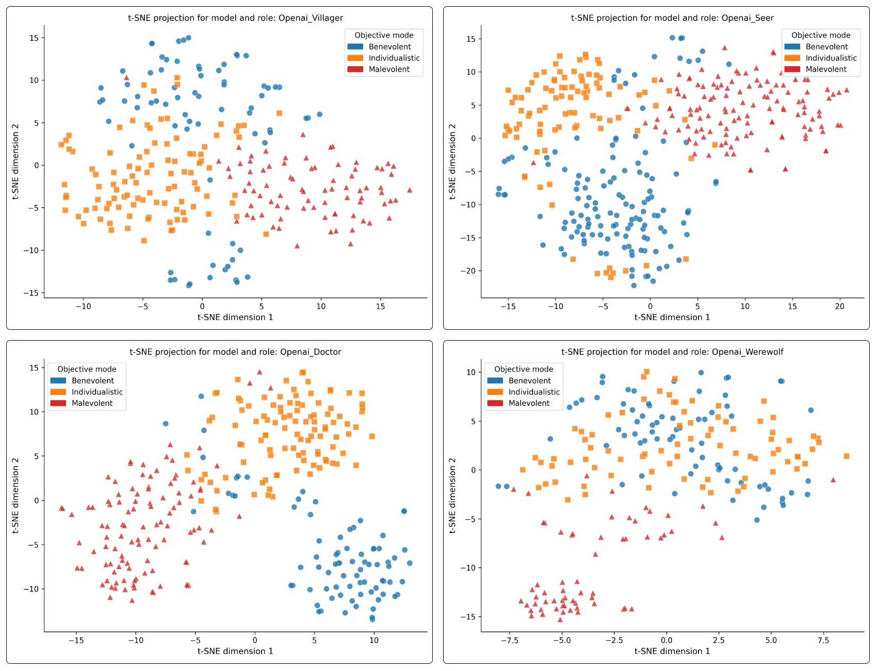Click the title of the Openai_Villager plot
point(235,18)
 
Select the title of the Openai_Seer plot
point(672,18)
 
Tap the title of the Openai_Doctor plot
point(235,352)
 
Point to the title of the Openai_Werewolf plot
point(672,352)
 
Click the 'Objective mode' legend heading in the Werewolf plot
point(524,369)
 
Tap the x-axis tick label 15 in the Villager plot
point(380,307)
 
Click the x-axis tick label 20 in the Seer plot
point(840,307)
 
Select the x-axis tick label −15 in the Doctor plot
point(76,641)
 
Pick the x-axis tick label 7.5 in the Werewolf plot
point(823,641)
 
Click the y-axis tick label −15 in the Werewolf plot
point(468,617)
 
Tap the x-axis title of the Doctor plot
point(235,651)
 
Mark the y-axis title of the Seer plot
point(452,162)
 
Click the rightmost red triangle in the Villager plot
point(410,190)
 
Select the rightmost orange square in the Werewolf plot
point(847,456)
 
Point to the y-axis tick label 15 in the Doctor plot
point(34,368)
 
